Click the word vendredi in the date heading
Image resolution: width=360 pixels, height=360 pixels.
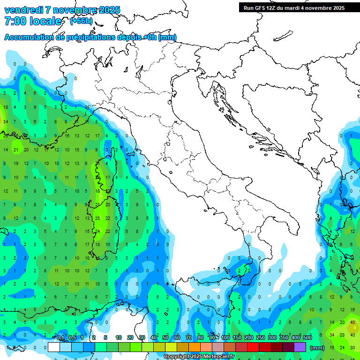22,10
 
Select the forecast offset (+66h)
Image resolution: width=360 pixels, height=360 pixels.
81,21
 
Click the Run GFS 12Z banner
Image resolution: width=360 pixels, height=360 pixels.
293,8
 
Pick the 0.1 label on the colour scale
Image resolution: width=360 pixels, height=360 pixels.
60,338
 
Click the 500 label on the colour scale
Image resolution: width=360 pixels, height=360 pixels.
307,338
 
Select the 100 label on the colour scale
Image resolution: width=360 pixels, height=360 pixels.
225,338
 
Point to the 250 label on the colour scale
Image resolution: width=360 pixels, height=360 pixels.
261,338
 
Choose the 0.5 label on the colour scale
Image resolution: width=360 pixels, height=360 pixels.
72,338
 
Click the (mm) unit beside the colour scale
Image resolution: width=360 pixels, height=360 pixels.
317,348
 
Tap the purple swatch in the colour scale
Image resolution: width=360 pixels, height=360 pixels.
300,347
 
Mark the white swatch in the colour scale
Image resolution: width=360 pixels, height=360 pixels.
54,347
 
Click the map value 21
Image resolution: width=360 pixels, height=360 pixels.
15,150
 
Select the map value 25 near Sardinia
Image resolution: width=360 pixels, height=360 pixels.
97,218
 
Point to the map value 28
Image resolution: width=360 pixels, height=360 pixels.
342,335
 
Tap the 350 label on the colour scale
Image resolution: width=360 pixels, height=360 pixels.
284,338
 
